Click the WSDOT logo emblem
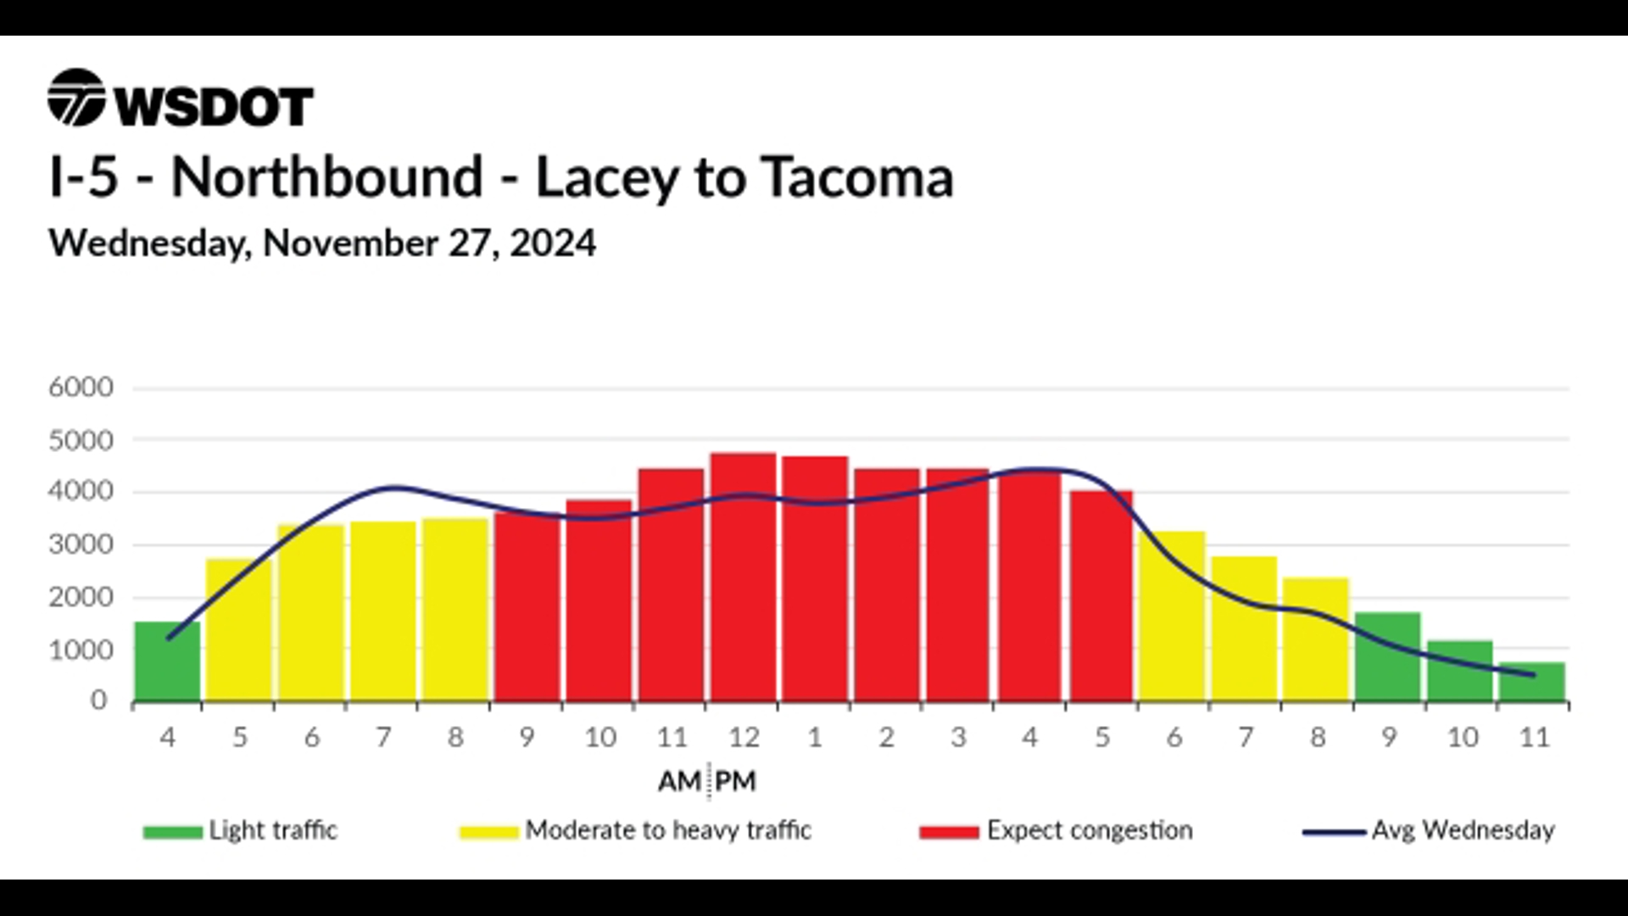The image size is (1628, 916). pyautogui.click(x=76, y=98)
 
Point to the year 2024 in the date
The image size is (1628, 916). pyautogui.click(x=553, y=243)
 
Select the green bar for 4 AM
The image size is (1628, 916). pyautogui.click(x=168, y=662)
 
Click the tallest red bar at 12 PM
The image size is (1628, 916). pyautogui.click(x=743, y=577)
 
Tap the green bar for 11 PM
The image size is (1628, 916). pyautogui.click(x=1532, y=682)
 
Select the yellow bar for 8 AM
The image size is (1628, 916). pyautogui.click(x=456, y=610)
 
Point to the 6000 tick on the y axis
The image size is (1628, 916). pyautogui.click(x=81, y=388)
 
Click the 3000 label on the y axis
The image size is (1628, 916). pyautogui.click(x=81, y=545)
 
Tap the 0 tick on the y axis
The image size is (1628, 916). pyautogui.click(x=99, y=701)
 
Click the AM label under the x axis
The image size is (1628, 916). pyautogui.click(x=679, y=781)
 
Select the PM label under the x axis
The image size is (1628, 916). pyautogui.click(x=735, y=781)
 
